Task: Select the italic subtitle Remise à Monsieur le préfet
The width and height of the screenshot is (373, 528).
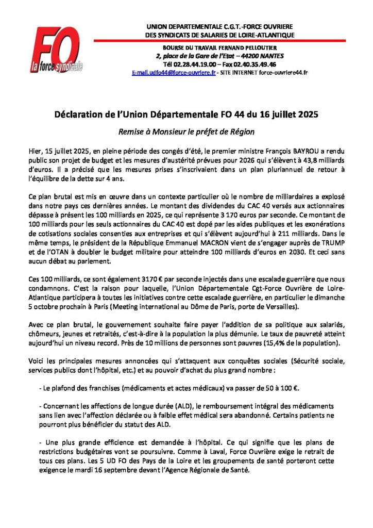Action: [x=186, y=131]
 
